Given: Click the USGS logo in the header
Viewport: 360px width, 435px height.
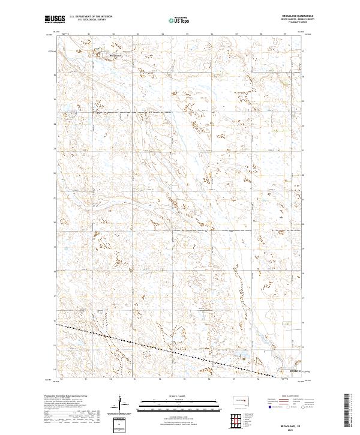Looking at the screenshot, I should (x=55, y=19).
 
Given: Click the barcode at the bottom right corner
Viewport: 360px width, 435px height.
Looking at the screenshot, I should (x=347, y=407).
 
